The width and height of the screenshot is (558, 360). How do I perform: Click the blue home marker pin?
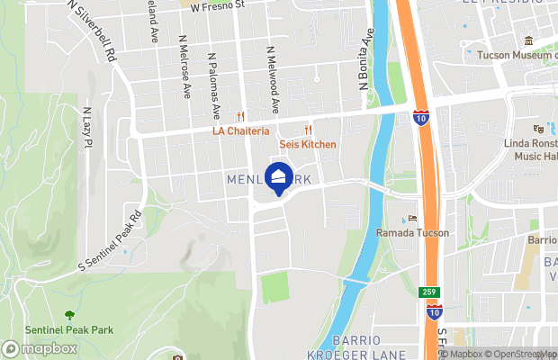(279, 178)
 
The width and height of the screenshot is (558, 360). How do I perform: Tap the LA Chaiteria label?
(240, 130)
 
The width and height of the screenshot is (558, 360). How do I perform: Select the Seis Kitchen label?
(308, 144)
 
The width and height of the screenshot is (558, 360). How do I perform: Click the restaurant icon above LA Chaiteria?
(240, 116)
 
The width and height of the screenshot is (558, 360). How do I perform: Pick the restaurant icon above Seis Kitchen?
(308, 130)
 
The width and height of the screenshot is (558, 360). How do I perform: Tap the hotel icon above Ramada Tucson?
(412, 218)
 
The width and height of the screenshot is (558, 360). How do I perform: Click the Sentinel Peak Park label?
(69, 330)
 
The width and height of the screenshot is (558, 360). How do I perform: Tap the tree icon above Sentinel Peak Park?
(69, 315)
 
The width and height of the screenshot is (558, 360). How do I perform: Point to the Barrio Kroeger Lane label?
(370, 346)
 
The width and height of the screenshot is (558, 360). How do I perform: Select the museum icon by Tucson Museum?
(528, 41)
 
